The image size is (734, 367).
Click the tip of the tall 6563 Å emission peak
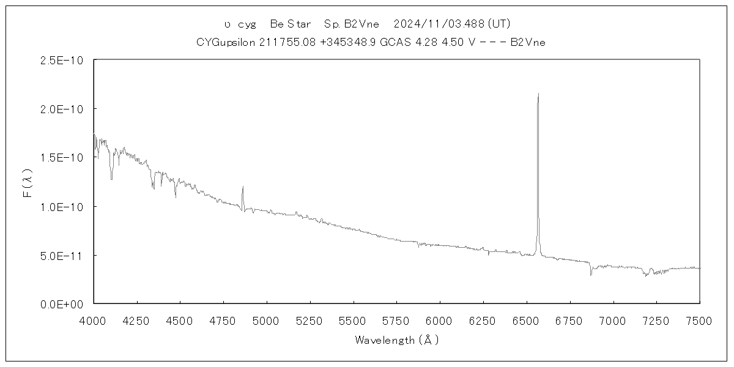pos(538,94)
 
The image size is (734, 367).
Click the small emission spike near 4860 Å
pos(243,187)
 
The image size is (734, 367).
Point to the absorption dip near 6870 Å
pos(591,275)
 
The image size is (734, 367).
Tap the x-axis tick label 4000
pos(94,320)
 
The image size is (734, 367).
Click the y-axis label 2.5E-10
pos(61,60)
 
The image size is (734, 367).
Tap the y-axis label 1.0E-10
pos(61,206)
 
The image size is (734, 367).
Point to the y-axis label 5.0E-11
pos(61,254)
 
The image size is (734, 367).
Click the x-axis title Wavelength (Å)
pos(396,340)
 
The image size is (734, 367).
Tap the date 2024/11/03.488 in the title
pos(439,24)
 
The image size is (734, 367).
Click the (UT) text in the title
pos(499,24)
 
